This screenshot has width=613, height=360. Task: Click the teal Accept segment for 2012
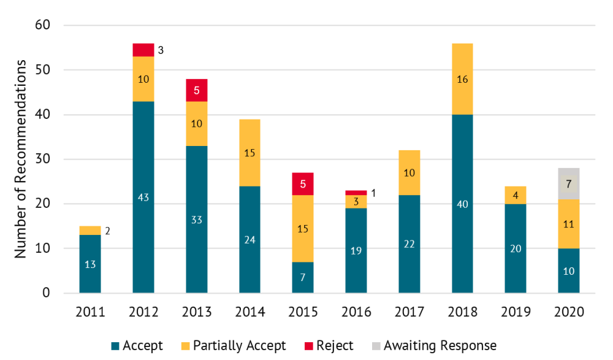143,197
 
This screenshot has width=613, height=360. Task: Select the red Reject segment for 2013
196,90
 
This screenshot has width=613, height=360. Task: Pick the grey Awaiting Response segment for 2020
568,183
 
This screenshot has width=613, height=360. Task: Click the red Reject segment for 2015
303,184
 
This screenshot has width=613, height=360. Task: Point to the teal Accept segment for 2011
90,264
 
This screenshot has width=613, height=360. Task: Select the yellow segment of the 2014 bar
249,153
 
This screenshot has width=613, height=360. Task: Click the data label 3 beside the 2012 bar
161,50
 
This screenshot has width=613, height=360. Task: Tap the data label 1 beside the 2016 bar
373,193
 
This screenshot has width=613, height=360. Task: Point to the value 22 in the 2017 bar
409,244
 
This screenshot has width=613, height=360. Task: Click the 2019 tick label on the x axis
516,312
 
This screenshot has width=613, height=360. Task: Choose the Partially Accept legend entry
232,346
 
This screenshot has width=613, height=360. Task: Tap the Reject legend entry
327,346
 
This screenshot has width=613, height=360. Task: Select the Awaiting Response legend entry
433,346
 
